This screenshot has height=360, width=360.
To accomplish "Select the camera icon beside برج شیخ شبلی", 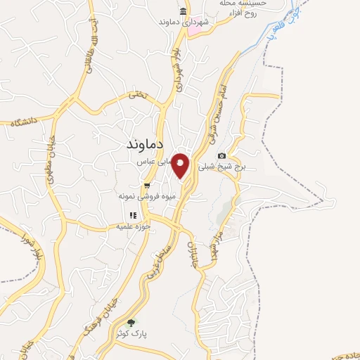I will pyautogui.click(x=222, y=155).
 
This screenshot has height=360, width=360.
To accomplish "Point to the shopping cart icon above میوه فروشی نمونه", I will pyautogui.click(x=147, y=186).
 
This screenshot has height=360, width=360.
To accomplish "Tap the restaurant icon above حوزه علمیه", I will pyautogui.click(x=131, y=216).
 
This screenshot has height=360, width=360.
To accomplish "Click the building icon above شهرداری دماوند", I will pyautogui.click(x=183, y=11).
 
